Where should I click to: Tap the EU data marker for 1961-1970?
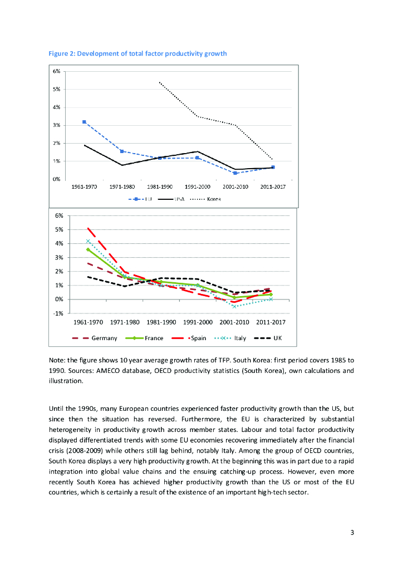click(x=84, y=122)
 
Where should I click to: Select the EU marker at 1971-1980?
click(x=122, y=151)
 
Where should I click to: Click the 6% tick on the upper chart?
click(x=57, y=71)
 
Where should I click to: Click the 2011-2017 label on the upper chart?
click(x=273, y=187)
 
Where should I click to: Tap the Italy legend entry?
click(x=240, y=338)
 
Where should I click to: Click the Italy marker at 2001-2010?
click(x=235, y=307)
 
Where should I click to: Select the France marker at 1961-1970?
click(x=88, y=249)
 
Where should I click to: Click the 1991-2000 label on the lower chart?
click(x=198, y=322)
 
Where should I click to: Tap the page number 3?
click(x=352, y=532)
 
